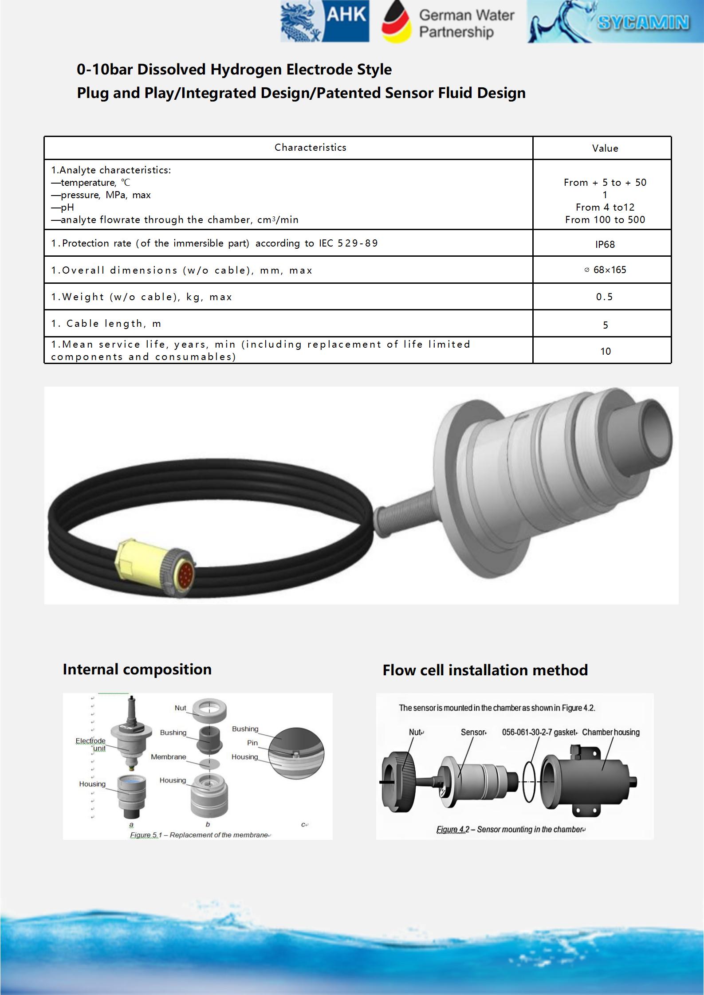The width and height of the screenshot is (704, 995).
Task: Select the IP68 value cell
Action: [605, 244]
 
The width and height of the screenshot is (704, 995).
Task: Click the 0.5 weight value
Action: [604, 297]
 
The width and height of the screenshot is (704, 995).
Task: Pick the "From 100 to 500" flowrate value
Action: [605, 220]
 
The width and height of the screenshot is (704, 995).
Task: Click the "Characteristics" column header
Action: [310, 148]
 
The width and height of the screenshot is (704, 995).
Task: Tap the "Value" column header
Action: [605, 149]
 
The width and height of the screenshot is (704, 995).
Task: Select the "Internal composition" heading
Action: [137, 670]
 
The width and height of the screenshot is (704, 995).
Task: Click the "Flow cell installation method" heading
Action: [485, 670]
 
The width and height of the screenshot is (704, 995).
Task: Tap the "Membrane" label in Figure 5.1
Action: [169, 757]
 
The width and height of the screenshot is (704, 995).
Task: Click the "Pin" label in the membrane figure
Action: [252, 743]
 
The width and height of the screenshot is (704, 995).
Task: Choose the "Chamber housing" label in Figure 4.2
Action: [610, 733]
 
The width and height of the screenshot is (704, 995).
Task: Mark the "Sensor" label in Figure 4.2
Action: [473, 733]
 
